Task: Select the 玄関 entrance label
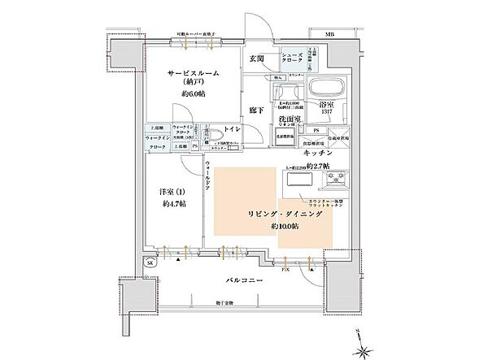[x=259, y=59]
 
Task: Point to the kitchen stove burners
[x=335, y=178]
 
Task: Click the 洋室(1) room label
[x=169, y=193]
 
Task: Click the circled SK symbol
[x=150, y=263]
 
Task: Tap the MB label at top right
[x=329, y=35]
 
